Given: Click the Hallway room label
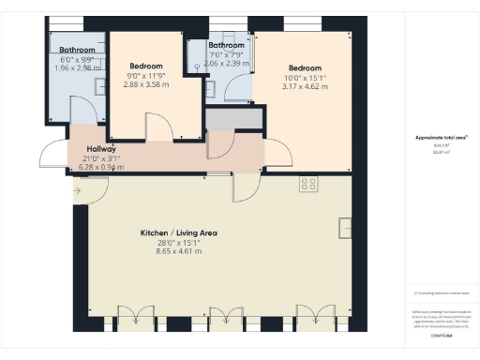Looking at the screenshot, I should pos(101,149).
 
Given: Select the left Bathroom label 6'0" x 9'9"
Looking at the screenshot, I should pos(77,49).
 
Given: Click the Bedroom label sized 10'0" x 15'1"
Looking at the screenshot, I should pos(305,68).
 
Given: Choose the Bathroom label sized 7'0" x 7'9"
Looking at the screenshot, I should pos(226,45).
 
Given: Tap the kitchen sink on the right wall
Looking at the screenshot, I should pos(346,228).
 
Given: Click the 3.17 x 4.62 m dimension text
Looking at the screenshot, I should pos(305,86).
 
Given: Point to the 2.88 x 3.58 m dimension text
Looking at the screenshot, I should pos(147,84).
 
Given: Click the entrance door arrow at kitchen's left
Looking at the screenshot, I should pos(77,194).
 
